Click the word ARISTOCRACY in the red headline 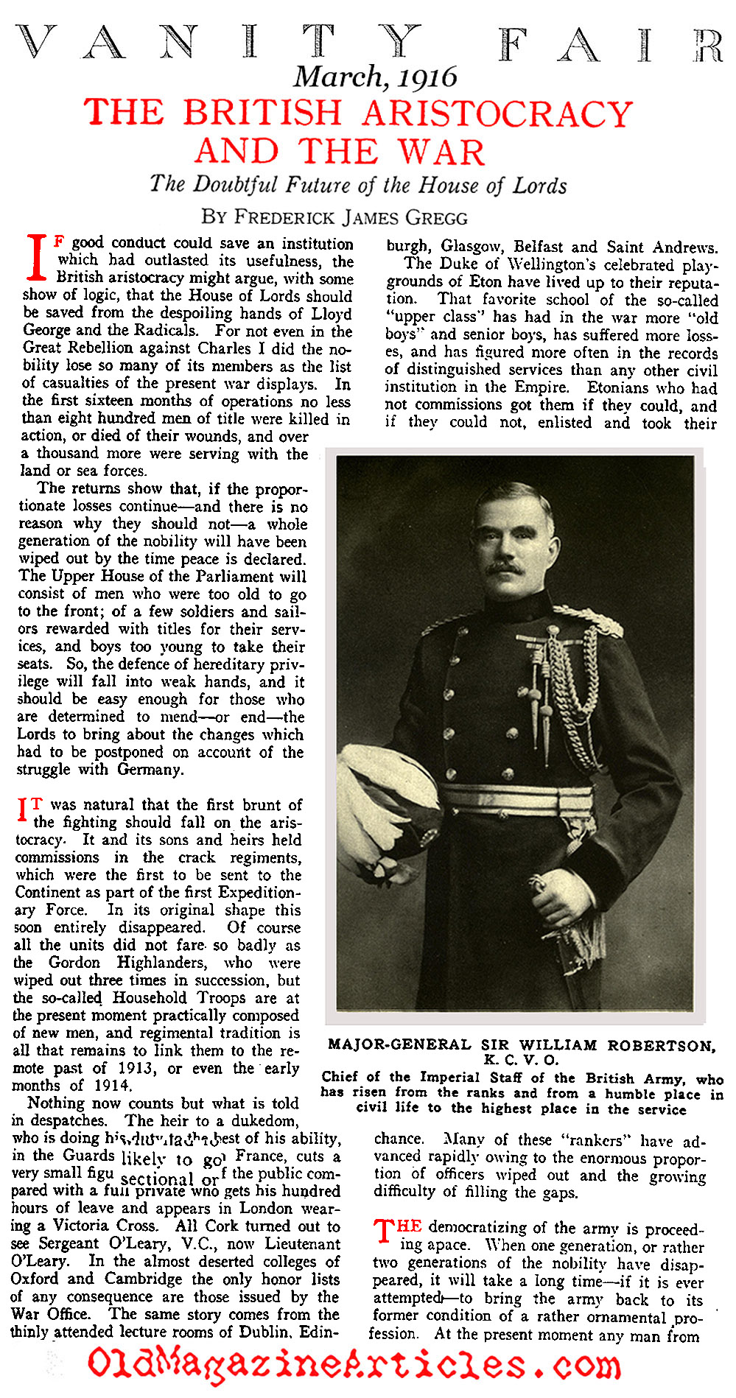pos(497,114)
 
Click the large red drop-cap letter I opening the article pos(37,258)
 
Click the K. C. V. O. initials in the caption pos(521,1061)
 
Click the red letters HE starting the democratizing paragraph pos(409,1226)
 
